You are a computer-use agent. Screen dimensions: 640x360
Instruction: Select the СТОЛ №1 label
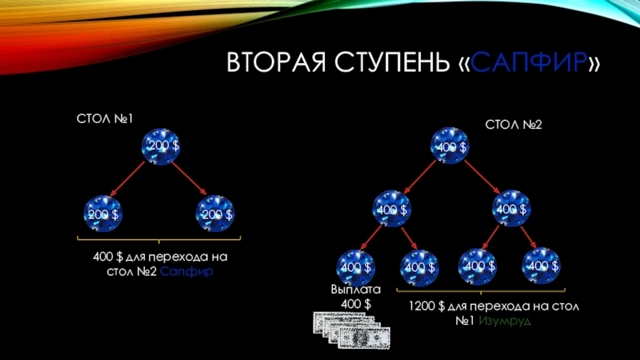(x=104, y=118)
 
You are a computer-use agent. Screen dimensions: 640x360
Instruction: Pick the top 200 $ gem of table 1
(x=161, y=146)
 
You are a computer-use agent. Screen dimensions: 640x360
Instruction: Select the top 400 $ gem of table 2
(x=450, y=146)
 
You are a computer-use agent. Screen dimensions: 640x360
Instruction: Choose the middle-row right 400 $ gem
(x=509, y=208)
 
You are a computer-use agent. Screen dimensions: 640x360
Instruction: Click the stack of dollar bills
(x=351, y=331)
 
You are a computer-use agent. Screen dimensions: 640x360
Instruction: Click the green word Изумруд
(x=506, y=321)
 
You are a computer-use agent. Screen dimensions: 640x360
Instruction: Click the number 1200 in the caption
(x=423, y=306)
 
